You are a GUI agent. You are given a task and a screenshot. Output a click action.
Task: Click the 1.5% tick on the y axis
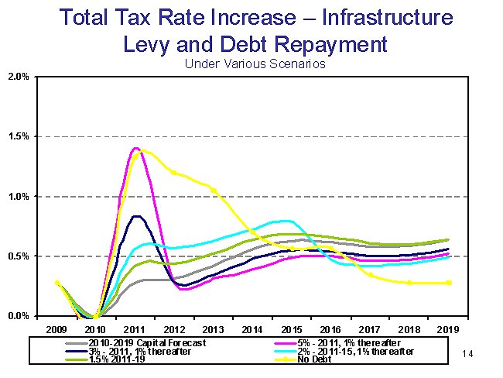(18, 136)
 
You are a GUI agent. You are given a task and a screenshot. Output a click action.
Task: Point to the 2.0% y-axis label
(18, 77)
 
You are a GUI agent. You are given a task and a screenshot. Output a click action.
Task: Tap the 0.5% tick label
(18, 256)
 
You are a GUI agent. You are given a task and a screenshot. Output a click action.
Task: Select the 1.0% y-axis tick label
(18, 197)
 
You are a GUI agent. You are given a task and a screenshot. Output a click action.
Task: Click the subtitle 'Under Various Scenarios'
(254, 64)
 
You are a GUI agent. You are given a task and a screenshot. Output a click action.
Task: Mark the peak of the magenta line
(136, 148)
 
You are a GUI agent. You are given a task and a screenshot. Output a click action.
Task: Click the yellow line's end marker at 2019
(449, 283)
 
